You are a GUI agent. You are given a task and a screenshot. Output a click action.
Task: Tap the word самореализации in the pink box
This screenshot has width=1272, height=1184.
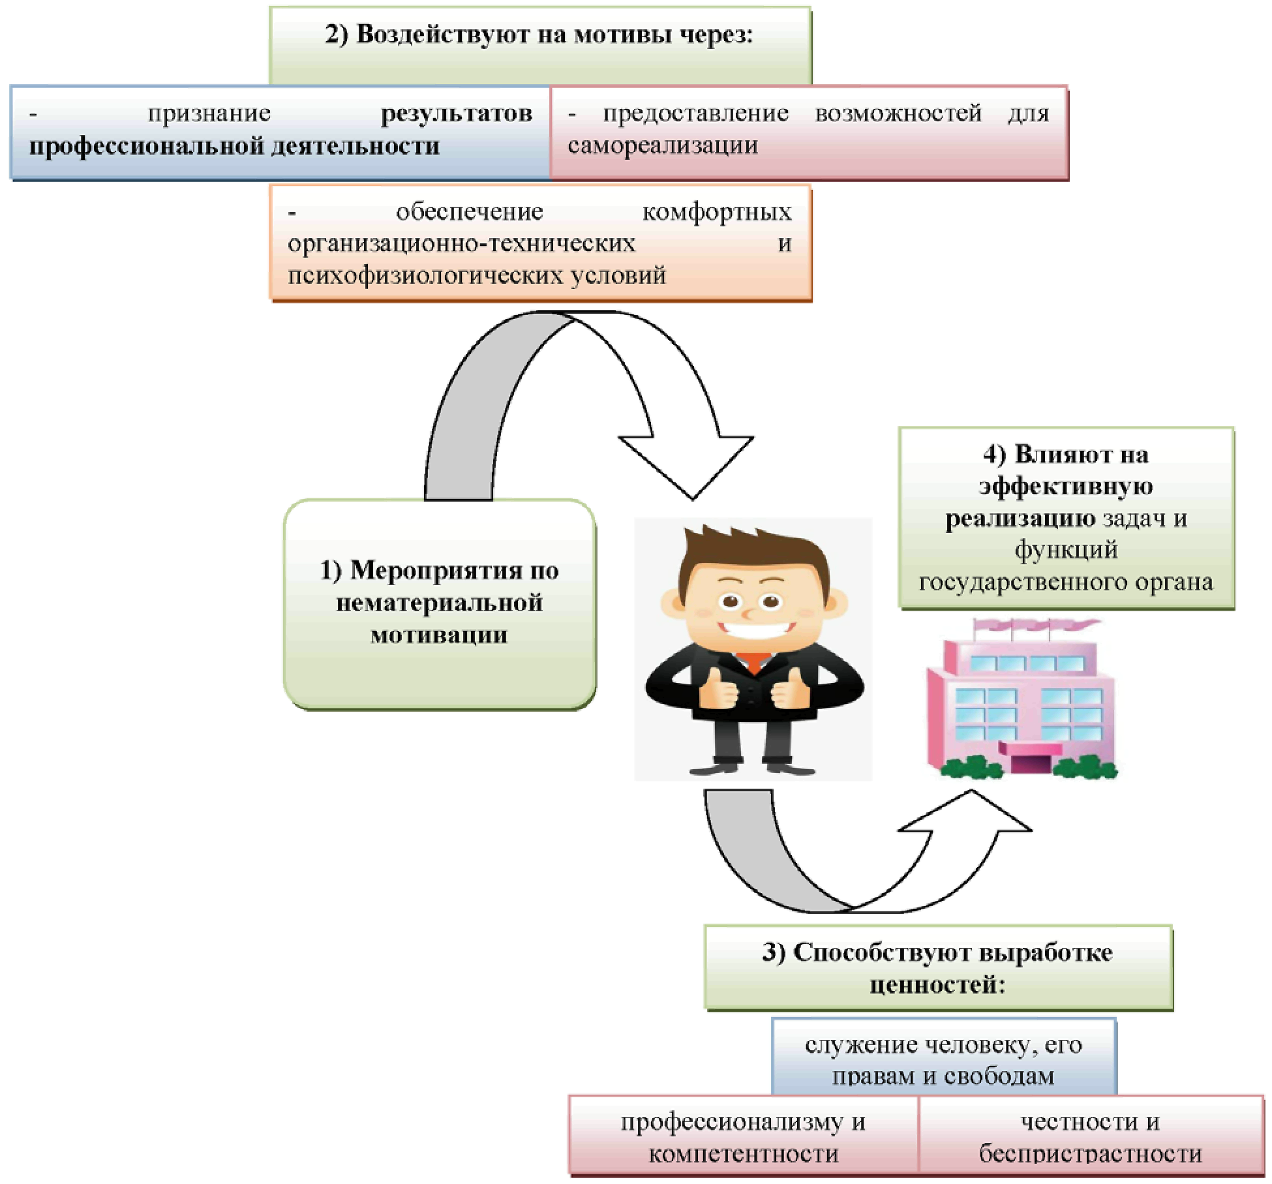[662, 145]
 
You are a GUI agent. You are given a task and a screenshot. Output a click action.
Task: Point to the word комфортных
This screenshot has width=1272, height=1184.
[716, 212]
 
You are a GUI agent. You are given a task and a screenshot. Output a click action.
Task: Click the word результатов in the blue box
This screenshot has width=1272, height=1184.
[456, 114]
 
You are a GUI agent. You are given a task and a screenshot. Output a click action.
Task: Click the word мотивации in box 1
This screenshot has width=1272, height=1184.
[439, 635]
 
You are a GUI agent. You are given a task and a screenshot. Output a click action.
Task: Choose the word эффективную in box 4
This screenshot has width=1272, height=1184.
[1065, 487]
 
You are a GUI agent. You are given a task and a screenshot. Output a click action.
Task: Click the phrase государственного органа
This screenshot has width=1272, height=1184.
[1065, 582]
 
